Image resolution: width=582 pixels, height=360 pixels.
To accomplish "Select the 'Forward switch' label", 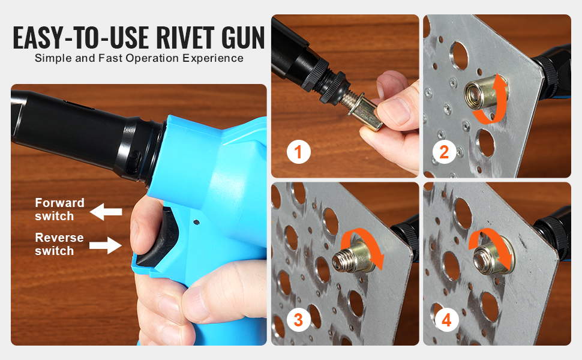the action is click(x=59, y=209).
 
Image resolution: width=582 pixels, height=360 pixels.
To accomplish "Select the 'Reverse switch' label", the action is click(x=59, y=244).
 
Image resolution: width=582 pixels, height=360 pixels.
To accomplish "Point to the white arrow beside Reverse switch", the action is click(x=106, y=245).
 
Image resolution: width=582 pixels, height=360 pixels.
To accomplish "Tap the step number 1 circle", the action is click(x=298, y=152).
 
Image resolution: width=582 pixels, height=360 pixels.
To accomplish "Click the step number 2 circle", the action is click(x=444, y=152).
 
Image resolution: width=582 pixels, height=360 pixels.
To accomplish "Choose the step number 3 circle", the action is click(x=298, y=320).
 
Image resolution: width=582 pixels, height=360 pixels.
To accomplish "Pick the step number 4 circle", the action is click(x=446, y=320).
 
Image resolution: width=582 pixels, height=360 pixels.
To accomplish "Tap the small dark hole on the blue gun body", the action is click(x=196, y=223).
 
